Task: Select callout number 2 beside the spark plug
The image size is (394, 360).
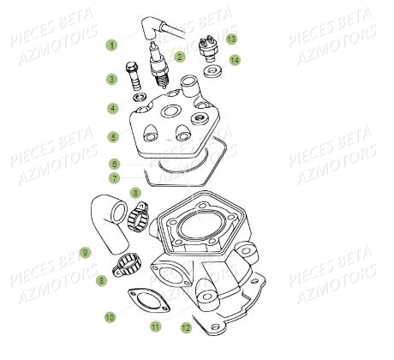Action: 180,57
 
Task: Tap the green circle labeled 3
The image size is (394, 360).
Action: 112,80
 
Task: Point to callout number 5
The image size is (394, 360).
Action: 112,136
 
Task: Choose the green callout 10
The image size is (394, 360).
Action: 110,317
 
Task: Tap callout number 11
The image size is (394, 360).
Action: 155,327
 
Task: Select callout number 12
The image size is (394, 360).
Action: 185,327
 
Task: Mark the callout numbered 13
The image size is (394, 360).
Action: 231,39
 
